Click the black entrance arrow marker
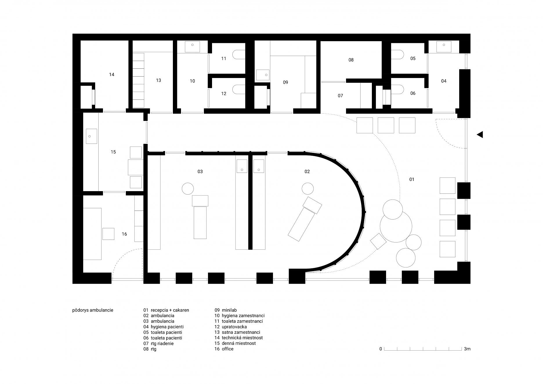(480, 135)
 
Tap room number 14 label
(112, 75)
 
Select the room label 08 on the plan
(351, 60)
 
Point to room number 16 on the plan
(124, 234)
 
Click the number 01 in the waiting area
(412, 180)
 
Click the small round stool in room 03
(188, 189)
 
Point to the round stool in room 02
(307, 189)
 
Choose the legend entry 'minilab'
(229, 310)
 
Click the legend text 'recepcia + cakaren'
(170, 310)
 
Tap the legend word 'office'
(228, 349)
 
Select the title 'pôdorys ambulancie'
(93, 310)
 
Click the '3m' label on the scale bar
(467, 349)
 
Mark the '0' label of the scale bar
(381, 349)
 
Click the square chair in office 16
(108, 234)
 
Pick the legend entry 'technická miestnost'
(242, 338)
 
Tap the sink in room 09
(263, 75)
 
